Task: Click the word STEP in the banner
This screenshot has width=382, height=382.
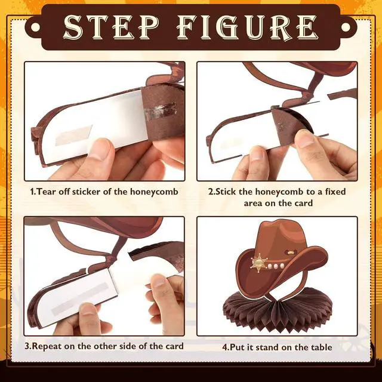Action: [x=111, y=27]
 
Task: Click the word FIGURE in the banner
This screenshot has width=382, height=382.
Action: [x=248, y=27]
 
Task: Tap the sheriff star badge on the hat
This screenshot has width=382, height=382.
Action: [x=259, y=263]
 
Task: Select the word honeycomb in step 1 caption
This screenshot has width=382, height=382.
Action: [x=154, y=192]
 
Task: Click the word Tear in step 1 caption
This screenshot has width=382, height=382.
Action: [x=47, y=192]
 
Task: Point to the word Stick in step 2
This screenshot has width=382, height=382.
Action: [x=226, y=192]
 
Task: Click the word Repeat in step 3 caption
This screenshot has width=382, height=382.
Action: [x=47, y=346]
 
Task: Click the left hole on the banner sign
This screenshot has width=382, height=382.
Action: [x=36, y=27]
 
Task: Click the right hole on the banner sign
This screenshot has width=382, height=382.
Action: [x=346, y=27]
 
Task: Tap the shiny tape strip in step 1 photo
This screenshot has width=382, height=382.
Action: [x=161, y=110]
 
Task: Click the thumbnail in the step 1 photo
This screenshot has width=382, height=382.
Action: [x=101, y=149]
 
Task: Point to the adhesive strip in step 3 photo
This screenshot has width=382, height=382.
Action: [x=79, y=299]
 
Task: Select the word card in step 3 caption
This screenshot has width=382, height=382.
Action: [x=174, y=346]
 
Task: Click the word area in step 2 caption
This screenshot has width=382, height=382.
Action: [x=253, y=203]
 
